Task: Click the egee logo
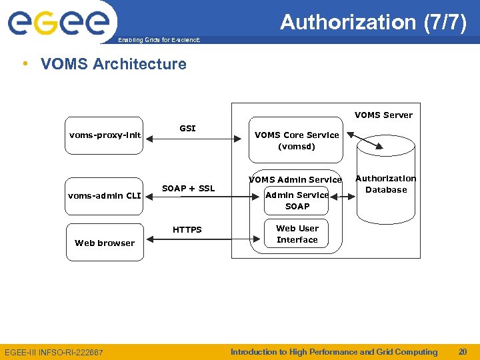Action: tap(59, 23)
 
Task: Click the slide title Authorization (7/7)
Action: tap(373, 22)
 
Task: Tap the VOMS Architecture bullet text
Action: tap(113, 64)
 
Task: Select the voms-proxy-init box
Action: tap(105, 136)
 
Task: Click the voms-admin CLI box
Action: tap(105, 196)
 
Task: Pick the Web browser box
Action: tap(105, 243)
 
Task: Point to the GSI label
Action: tap(187, 128)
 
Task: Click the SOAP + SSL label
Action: tap(188, 188)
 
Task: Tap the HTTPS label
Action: tap(187, 229)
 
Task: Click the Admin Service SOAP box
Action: tap(297, 201)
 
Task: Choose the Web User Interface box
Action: tap(297, 234)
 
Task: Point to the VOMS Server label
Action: tap(383, 115)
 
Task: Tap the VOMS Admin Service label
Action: tap(295, 179)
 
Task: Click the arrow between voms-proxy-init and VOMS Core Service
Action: tap(193, 139)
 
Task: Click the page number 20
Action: tap(462, 351)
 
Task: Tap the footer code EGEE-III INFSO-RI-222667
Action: tap(54, 352)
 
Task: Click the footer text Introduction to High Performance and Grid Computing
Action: tap(334, 351)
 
